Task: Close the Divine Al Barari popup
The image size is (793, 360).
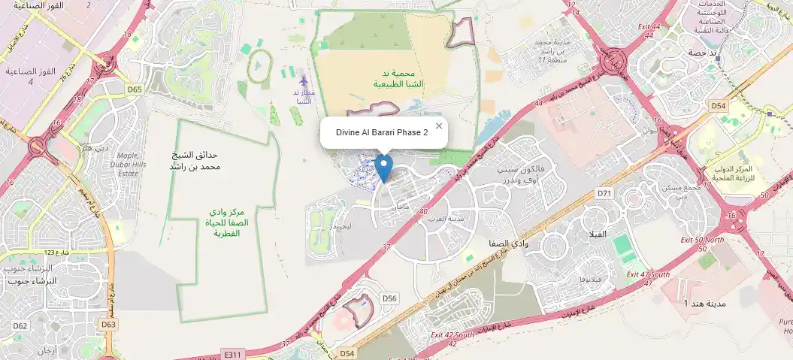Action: click(439, 126)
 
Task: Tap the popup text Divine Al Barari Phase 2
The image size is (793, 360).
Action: click(382, 132)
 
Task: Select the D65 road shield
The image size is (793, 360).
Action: click(135, 89)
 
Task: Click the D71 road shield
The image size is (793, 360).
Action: click(605, 194)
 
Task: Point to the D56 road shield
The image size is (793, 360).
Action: click(389, 298)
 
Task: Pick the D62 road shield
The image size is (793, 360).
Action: click(20, 325)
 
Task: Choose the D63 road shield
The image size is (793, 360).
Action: click(108, 325)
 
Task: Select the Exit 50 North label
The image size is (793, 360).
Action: click(701, 239)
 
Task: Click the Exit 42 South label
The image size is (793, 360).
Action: click(452, 334)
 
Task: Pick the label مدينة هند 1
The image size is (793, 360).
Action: click(704, 303)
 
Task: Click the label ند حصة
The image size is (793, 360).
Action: click(702, 53)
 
